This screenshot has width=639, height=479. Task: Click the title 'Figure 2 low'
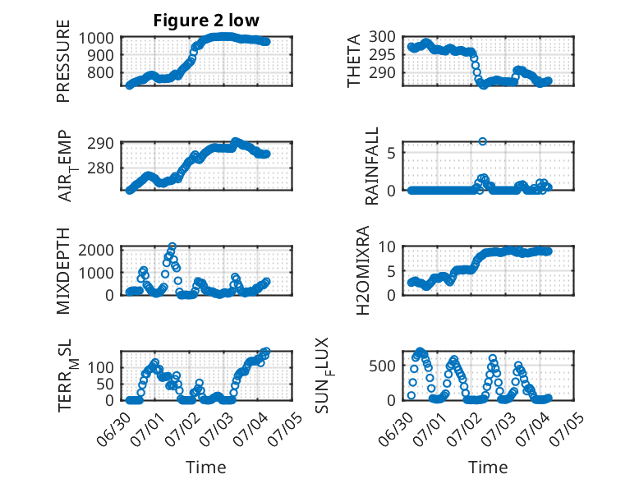click(206, 21)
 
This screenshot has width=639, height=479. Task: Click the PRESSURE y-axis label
click(63, 61)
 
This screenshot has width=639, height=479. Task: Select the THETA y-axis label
click(354, 61)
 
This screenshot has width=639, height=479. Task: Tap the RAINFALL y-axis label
click(372, 166)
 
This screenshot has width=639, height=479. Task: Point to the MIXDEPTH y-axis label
click(63, 271)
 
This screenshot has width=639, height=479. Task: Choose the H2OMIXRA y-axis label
click(362, 270)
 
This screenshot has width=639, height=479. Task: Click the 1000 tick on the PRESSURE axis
click(96, 39)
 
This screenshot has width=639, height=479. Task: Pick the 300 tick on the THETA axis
click(382, 37)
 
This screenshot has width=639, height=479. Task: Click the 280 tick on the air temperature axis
click(101, 168)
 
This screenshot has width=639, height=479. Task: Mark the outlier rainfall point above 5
click(482, 141)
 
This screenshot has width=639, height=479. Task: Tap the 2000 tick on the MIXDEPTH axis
click(96, 250)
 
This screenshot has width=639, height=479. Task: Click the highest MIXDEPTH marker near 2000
click(172, 246)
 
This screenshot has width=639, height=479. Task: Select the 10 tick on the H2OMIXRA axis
click(387, 246)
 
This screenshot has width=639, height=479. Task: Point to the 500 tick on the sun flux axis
click(382, 366)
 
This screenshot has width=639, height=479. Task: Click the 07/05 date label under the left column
click(287, 429)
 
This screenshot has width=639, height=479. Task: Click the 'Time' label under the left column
click(206, 467)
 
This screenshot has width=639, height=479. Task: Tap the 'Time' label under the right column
click(488, 467)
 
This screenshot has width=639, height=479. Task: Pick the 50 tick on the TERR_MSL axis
click(105, 384)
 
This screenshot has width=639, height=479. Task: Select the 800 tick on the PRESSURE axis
click(101, 73)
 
